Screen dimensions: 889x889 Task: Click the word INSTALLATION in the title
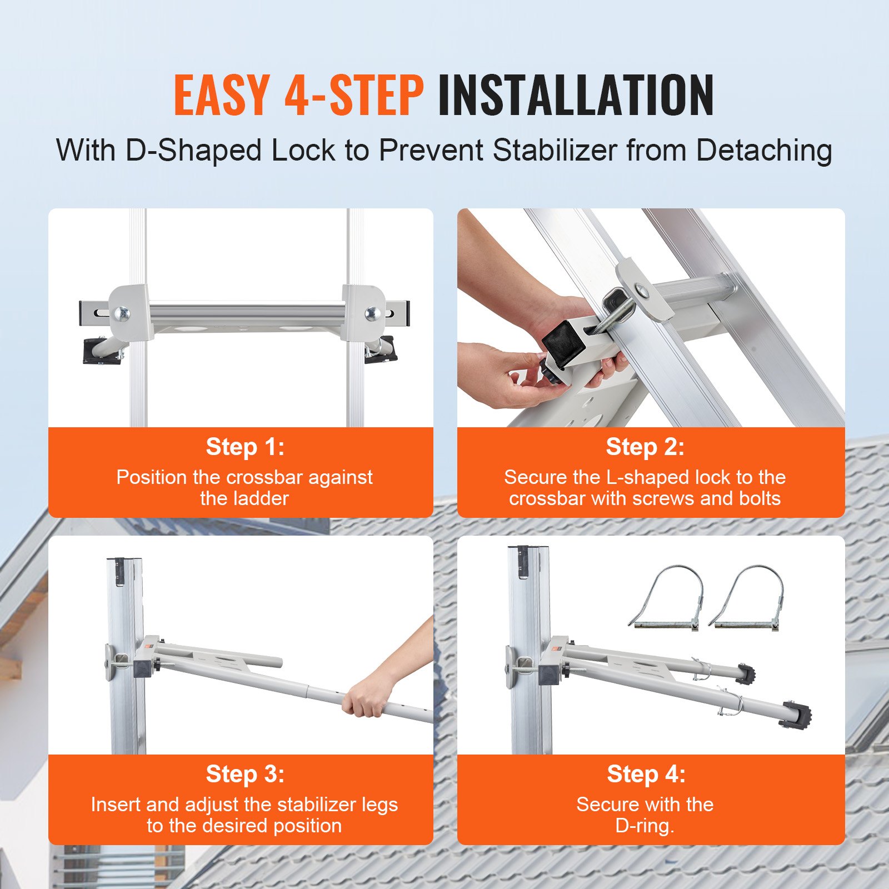point(576,96)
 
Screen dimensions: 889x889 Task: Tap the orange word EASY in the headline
point(222,96)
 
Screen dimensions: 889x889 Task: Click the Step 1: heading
point(245,447)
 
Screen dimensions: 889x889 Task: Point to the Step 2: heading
point(645,447)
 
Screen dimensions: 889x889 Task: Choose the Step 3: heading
point(245,774)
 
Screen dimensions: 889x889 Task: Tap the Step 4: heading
point(646,774)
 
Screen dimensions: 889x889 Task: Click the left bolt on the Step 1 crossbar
point(121,314)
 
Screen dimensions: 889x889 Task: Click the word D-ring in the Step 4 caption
point(645,826)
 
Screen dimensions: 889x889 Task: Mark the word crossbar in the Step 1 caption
point(264,477)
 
